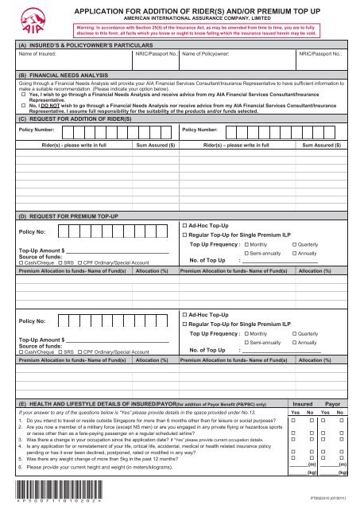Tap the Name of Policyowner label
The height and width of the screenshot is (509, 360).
[x=211, y=56]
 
